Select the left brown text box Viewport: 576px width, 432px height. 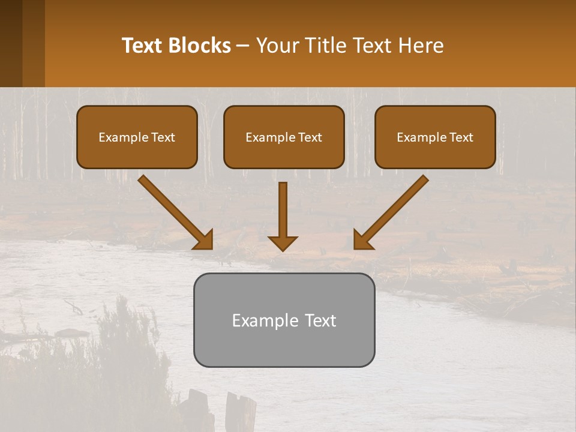coord(137,137)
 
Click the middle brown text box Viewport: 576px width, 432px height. coord(284,137)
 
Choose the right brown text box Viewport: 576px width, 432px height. coord(435,137)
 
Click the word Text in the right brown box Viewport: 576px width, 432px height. coord(461,137)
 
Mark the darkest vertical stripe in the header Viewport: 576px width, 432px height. coord(11,43)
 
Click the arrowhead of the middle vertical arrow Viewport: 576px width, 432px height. coord(283,242)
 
